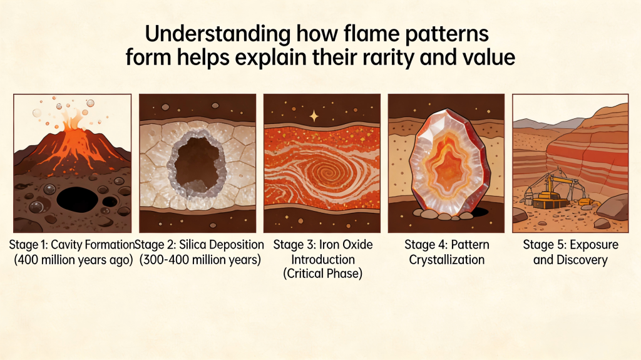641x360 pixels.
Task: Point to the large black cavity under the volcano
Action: tap(77, 200)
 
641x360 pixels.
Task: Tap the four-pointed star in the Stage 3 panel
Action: tap(314, 116)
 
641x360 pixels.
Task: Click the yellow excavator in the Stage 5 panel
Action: tap(550, 190)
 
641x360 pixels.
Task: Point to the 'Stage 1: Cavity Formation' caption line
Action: tap(72, 245)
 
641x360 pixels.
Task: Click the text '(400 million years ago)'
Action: tap(74, 260)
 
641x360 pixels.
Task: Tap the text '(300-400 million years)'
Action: tap(200, 260)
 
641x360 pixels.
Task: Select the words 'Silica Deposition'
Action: tap(222, 245)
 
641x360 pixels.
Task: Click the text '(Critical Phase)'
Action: tap(323, 273)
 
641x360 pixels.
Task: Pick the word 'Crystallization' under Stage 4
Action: tap(447, 260)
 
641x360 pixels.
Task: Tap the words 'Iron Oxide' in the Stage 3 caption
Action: tap(346, 245)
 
